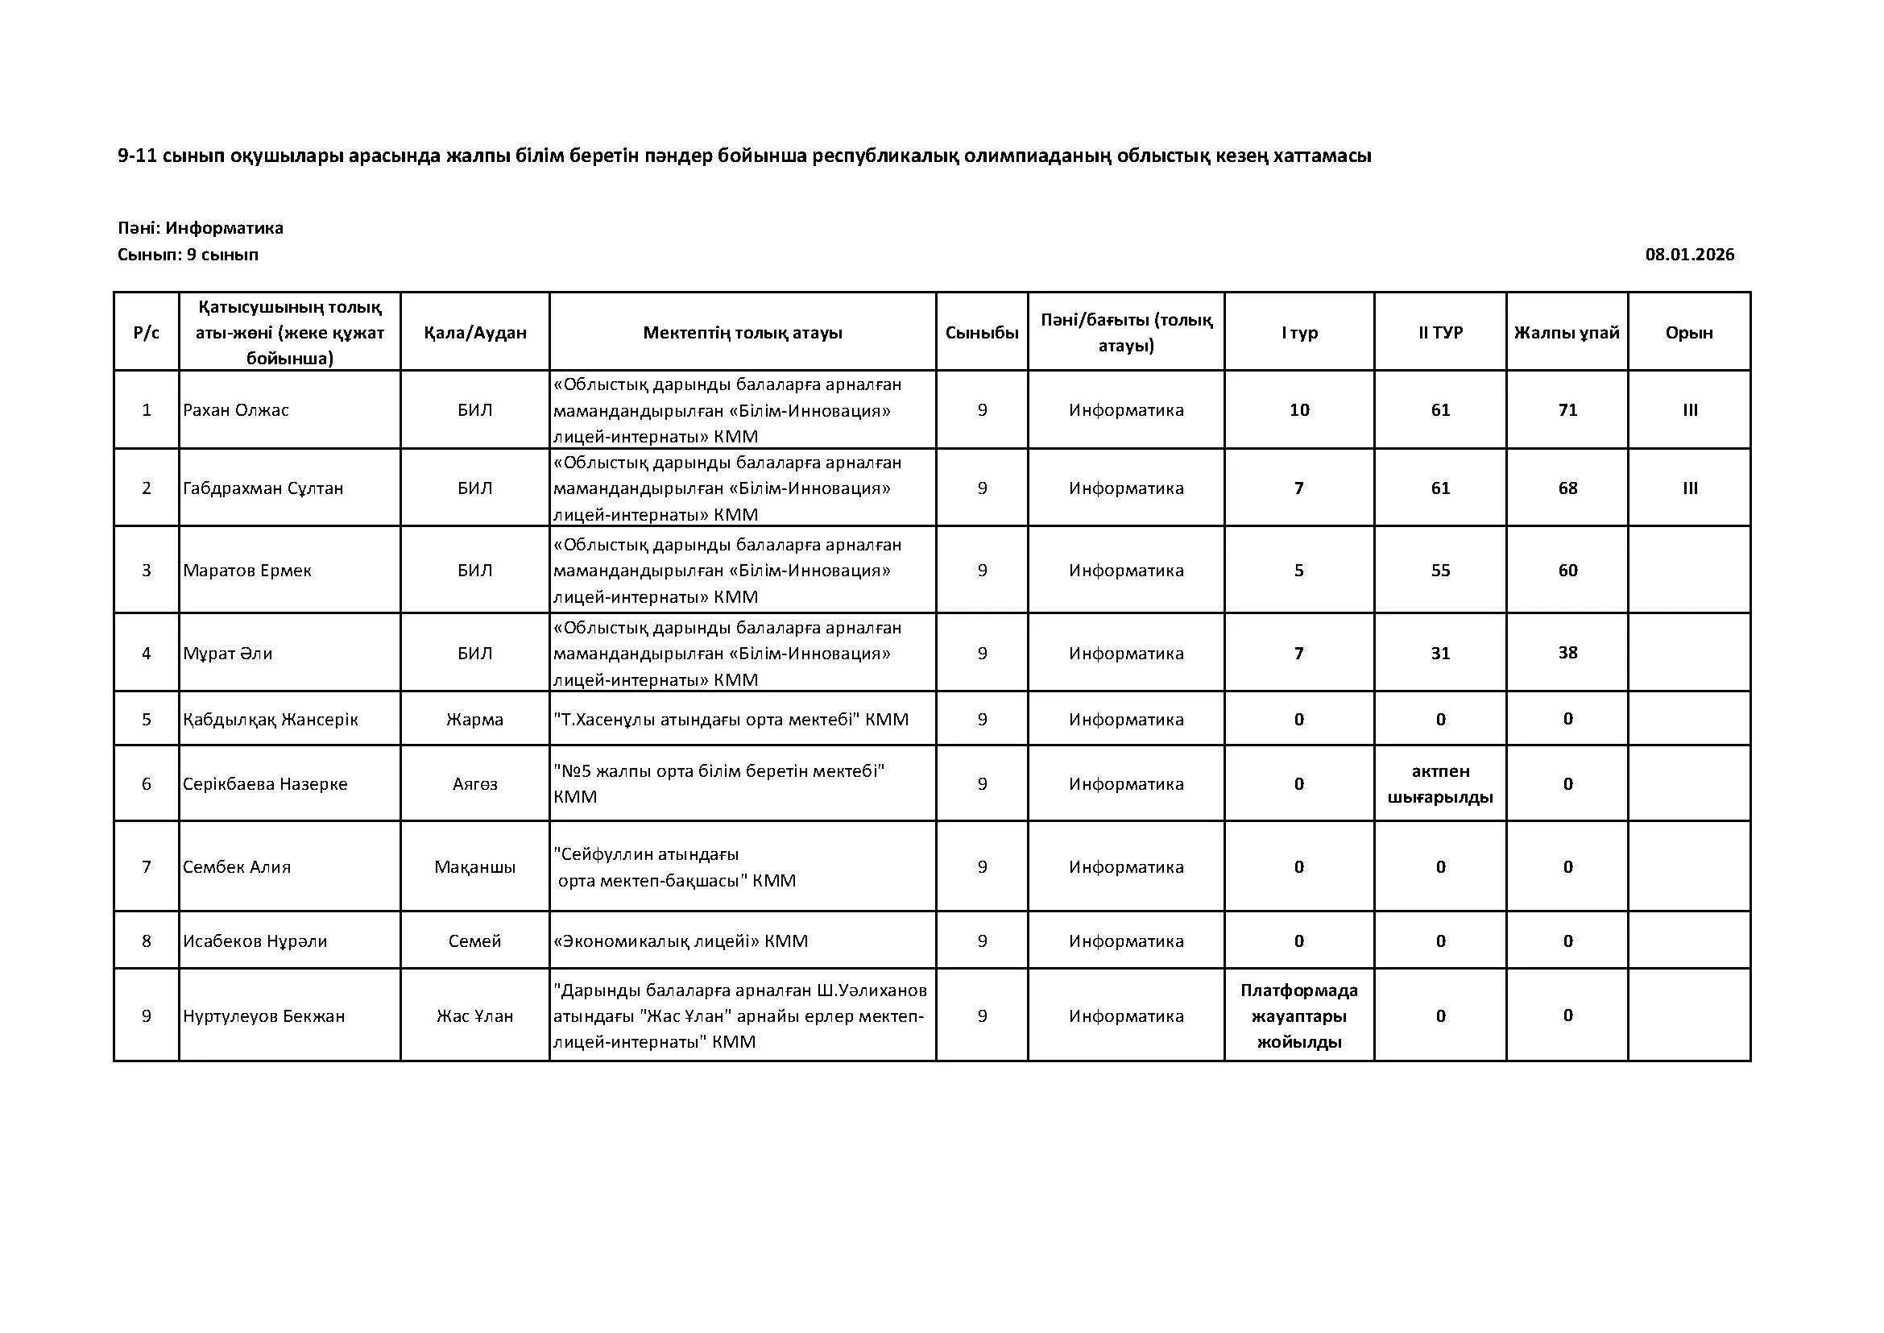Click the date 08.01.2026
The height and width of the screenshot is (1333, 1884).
click(x=1689, y=255)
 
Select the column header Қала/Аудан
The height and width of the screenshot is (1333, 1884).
click(x=475, y=332)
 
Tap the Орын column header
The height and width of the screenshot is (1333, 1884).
click(x=1689, y=332)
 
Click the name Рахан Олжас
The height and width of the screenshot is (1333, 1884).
click(x=236, y=409)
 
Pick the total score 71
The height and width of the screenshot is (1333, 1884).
click(x=1567, y=409)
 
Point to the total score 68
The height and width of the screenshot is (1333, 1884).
click(x=1567, y=488)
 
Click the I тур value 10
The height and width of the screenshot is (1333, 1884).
click(x=1299, y=409)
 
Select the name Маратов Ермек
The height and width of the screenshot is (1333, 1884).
click(x=247, y=571)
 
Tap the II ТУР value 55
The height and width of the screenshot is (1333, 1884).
click(x=1440, y=571)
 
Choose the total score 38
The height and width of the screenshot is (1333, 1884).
click(x=1567, y=653)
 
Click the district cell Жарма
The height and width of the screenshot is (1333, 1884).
click(x=475, y=720)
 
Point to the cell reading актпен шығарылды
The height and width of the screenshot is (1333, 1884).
click(x=1440, y=784)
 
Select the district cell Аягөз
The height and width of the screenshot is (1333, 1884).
click(x=475, y=784)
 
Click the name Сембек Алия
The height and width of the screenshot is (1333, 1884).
click(x=237, y=867)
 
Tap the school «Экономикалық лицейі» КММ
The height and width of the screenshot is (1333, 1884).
click(x=681, y=941)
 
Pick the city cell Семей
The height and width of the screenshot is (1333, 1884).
click(x=475, y=941)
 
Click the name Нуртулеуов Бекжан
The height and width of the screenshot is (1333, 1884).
click(x=263, y=1016)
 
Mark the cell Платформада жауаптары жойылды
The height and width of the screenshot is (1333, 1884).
click(x=1299, y=1016)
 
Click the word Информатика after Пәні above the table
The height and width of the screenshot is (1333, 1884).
click(x=224, y=228)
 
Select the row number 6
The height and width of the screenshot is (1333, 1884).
click(x=147, y=784)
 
